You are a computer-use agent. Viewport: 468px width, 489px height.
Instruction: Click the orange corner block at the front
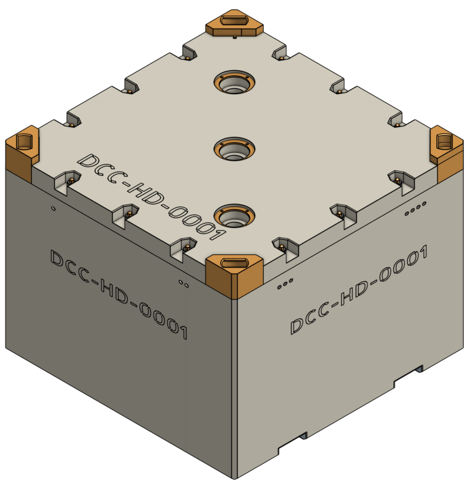234,276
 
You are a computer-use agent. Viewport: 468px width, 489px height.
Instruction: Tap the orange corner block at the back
234,23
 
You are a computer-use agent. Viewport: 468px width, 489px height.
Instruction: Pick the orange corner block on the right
447,154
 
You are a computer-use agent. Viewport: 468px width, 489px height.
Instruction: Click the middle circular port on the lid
234,149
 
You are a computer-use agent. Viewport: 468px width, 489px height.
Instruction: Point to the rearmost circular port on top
234,82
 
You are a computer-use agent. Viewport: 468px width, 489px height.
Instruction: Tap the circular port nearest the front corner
234,216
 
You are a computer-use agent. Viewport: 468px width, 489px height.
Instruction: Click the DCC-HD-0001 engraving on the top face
152,197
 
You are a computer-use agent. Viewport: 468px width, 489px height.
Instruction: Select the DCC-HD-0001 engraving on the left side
119,294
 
